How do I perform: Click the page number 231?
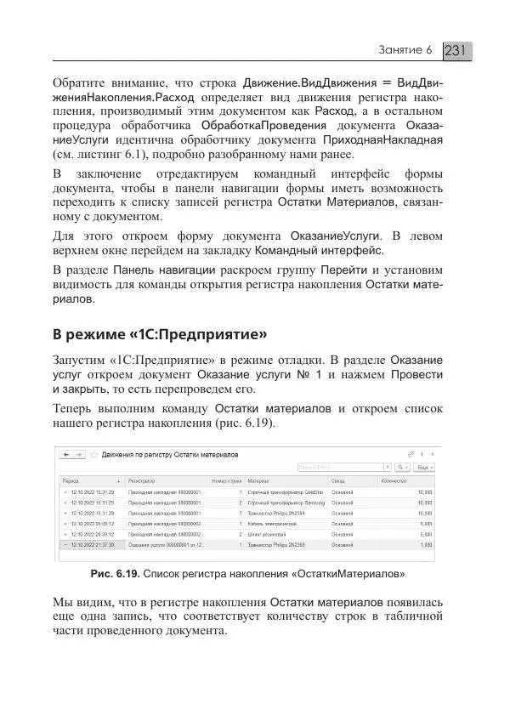[x=456, y=51]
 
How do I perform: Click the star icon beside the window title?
[x=95, y=455]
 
